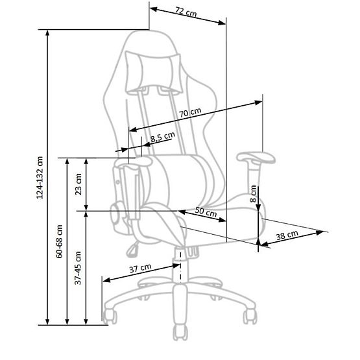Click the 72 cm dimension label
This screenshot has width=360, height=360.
[186, 12]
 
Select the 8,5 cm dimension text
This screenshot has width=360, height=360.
[162, 137]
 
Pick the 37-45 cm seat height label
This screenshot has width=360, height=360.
[78, 268]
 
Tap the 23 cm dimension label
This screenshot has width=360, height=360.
[78, 184]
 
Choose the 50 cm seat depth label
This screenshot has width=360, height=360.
[206, 212]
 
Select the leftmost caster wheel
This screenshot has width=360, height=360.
[110, 317]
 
